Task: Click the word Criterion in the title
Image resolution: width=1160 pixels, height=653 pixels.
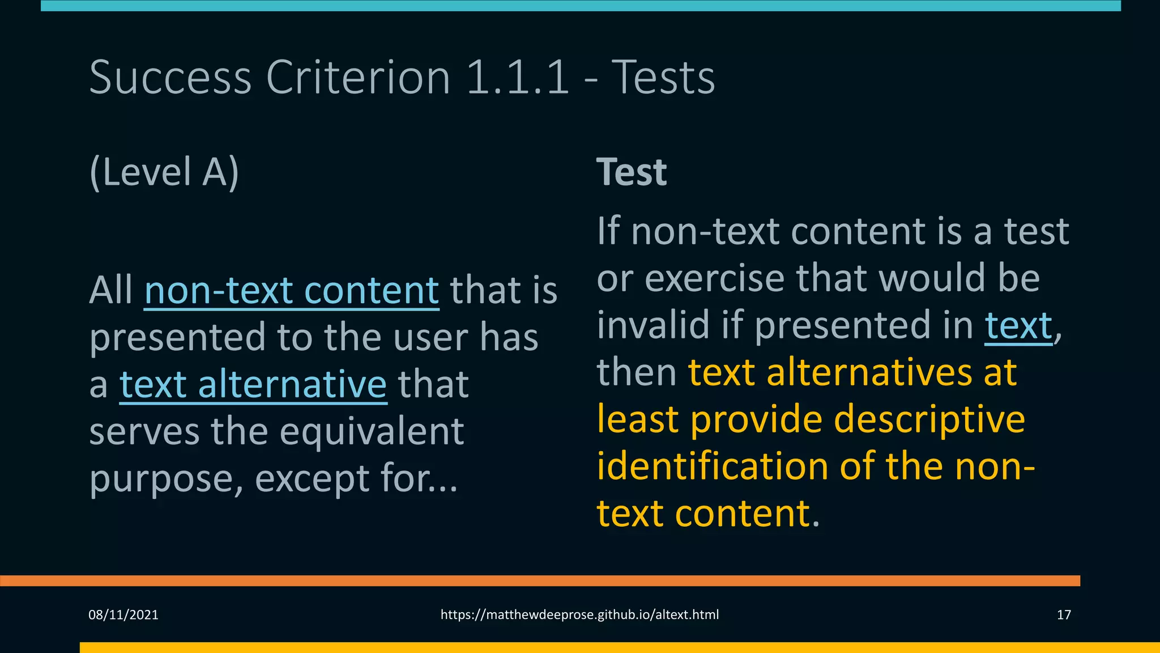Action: point(358,77)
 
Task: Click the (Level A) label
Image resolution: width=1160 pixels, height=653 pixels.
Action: point(164,172)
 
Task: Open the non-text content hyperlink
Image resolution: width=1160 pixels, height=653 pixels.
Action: point(292,291)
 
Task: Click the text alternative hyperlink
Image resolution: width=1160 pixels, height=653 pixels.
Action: point(253,385)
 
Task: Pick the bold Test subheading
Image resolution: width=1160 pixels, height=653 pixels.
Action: point(632,172)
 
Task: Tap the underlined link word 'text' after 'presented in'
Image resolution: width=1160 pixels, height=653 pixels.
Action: point(1018,326)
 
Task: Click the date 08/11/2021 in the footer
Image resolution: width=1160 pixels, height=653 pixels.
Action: point(123,615)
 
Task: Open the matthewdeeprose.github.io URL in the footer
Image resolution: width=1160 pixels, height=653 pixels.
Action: point(579,615)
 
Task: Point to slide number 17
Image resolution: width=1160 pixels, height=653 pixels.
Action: point(1064,615)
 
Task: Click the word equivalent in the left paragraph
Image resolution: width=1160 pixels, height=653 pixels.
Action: point(372,432)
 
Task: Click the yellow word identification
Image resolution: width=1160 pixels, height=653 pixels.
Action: point(713,467)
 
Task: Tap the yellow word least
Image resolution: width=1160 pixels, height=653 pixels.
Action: point(638,420)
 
